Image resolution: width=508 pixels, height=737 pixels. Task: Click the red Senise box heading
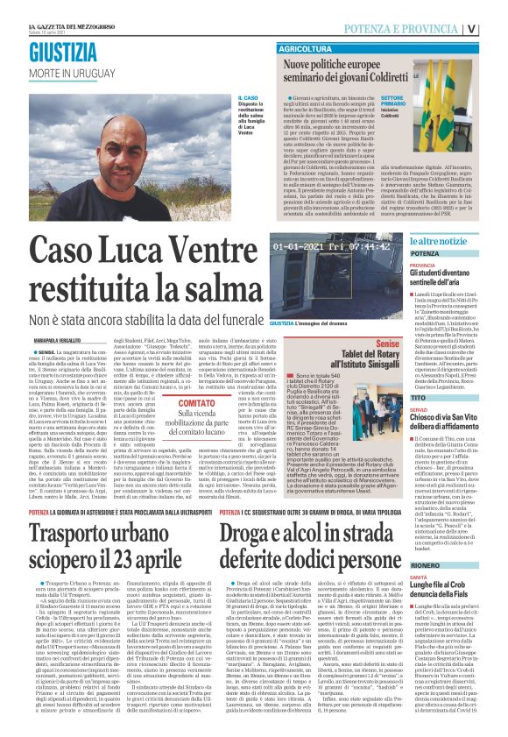pyautogui.click(x=387, y=344)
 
